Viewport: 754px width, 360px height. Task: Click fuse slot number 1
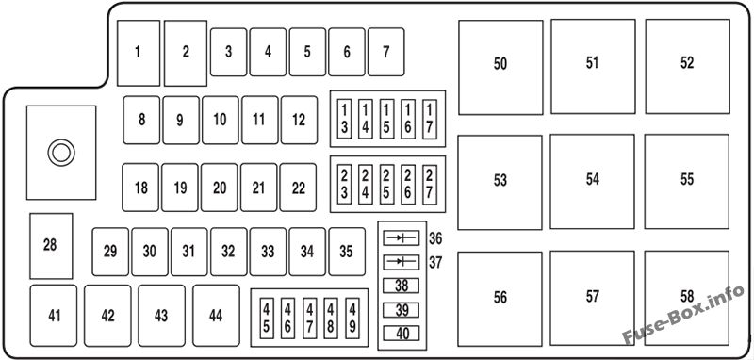[x=139, y=53]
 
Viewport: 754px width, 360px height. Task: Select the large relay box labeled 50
[x=500, y=67]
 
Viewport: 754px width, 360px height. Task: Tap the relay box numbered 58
[x=687, y=298]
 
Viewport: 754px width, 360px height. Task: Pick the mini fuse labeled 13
[x=344, y=119]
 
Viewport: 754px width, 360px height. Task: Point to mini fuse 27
[x=430, y=184]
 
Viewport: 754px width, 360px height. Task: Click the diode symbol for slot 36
[x=402, y=237]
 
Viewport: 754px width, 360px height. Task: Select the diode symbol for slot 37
[x=402, y=262]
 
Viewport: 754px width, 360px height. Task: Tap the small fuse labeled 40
[x=402, y=333]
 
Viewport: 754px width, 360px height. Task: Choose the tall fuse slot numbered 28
[x=51, y=246]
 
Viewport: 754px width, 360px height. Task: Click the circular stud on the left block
[x=61, y=153]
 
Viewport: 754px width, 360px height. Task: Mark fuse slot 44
[x=216, y=316]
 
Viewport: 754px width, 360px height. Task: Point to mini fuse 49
[x=352, y=318]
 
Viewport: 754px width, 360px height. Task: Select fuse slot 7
[x=385, y=52]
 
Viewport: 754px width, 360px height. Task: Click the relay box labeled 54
[x=593, y=182]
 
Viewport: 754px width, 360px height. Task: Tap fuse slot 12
[x=299, y=121]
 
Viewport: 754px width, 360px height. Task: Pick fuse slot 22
[x=298, y=188]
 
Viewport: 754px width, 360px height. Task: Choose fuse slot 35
[x=347, y=252]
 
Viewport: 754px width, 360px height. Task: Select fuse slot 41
[x=54, y=316]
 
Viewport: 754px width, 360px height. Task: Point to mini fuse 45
[x=267, y=318]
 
